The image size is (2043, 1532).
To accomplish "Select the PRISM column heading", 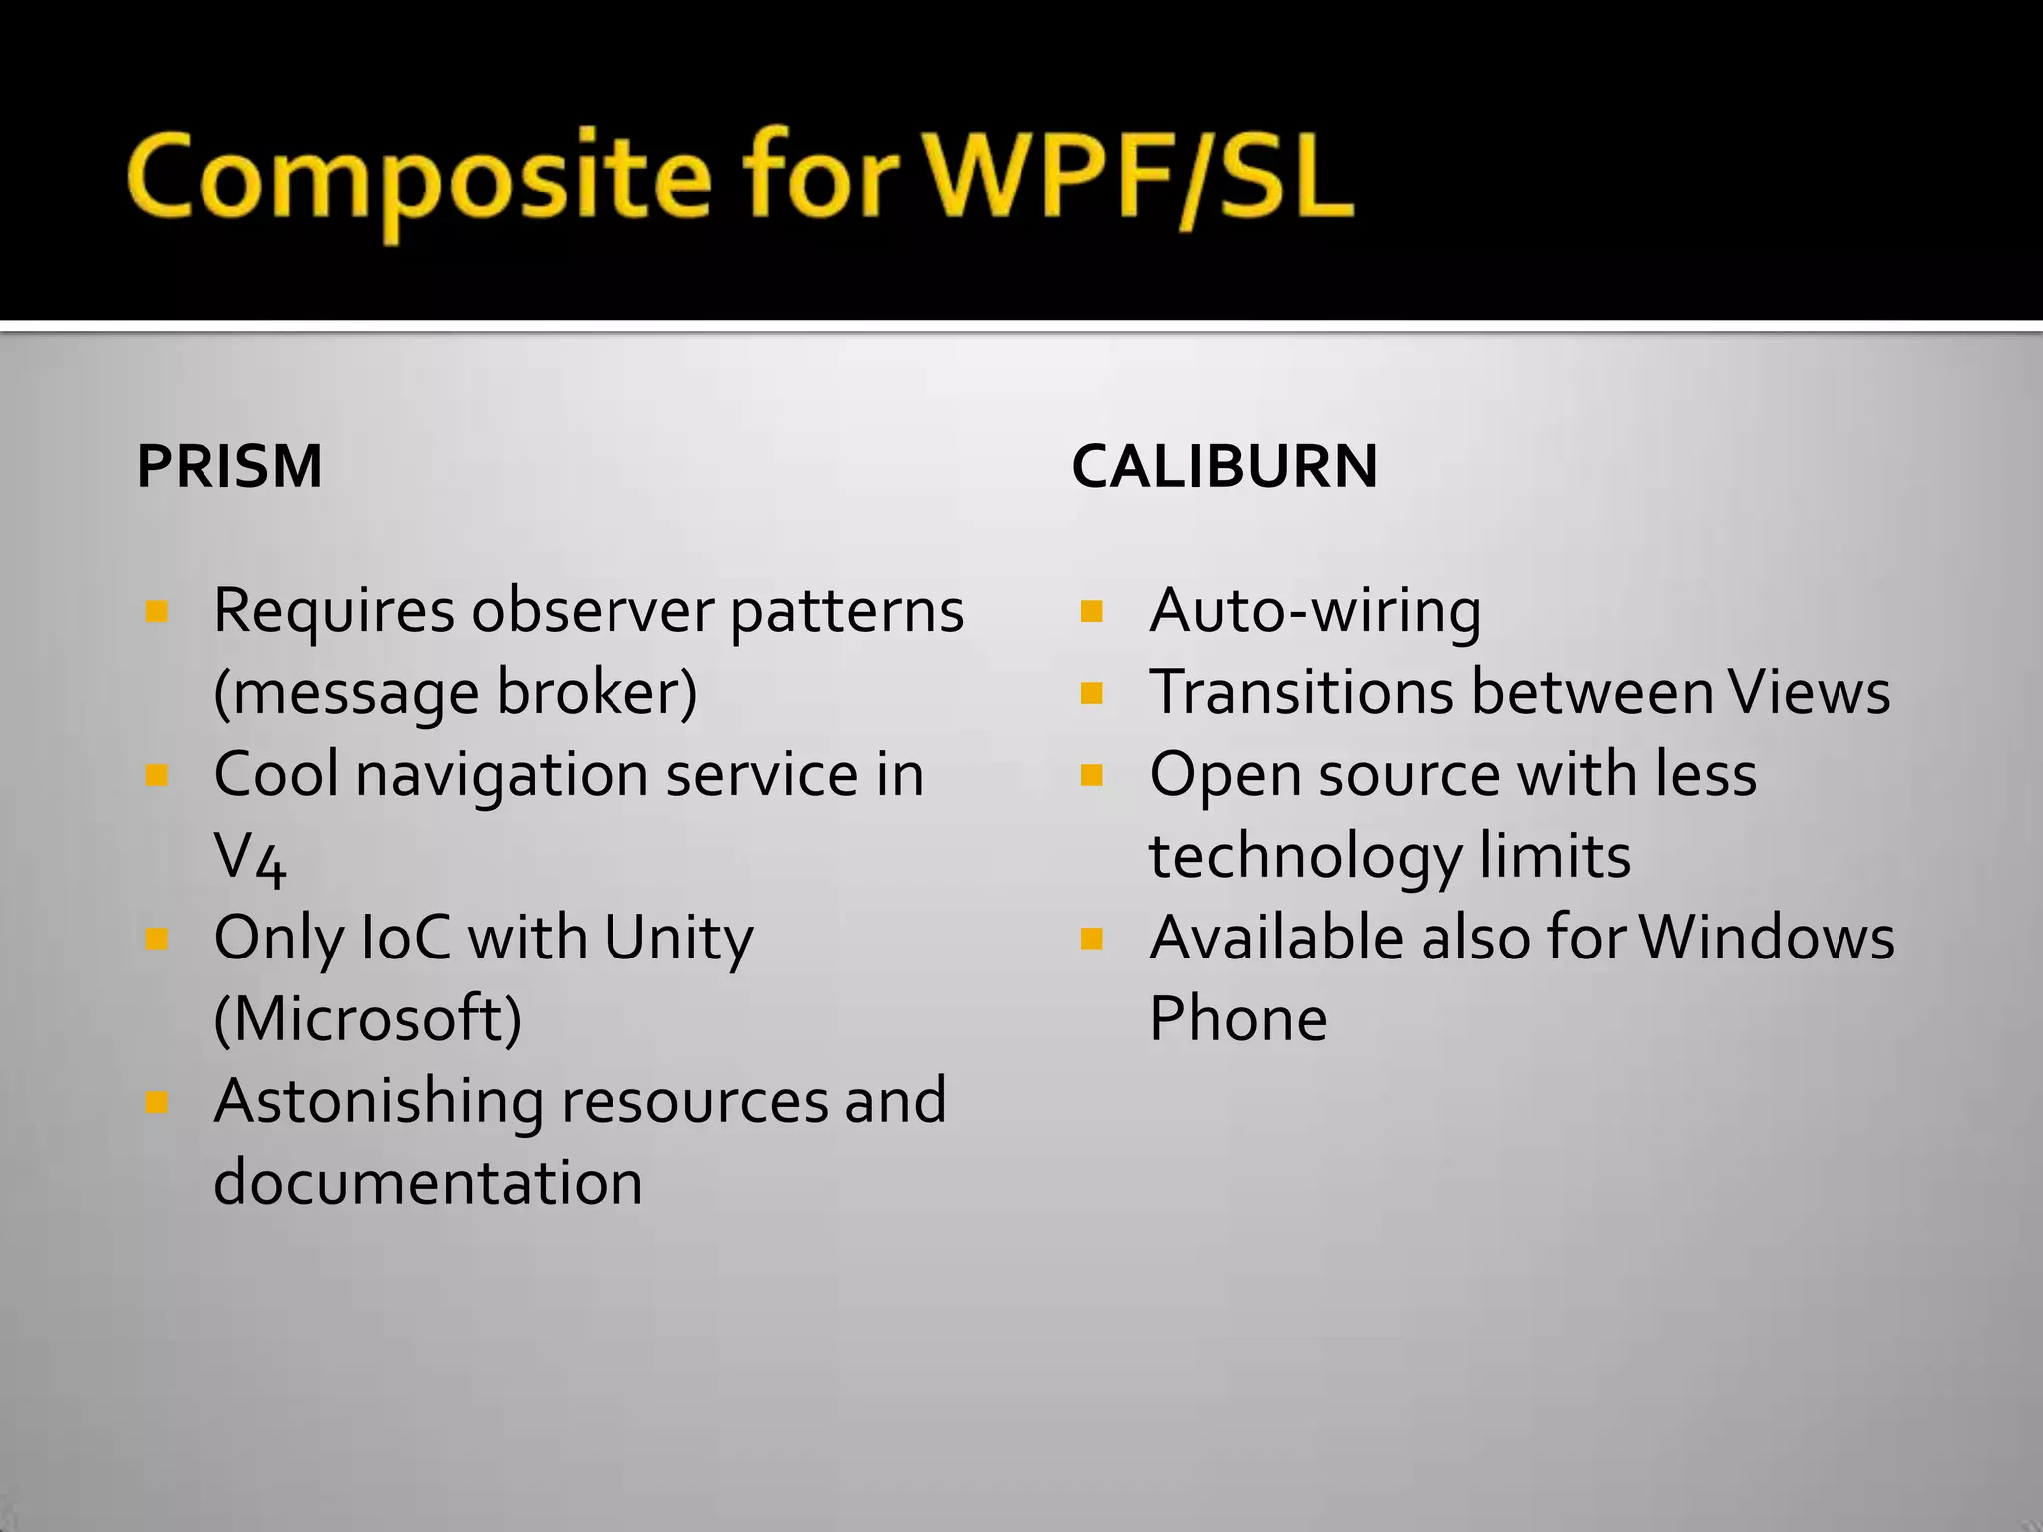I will click(229, 466).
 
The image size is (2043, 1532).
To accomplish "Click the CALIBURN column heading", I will click(1224, 466).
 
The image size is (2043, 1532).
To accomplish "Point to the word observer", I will click(593, 610).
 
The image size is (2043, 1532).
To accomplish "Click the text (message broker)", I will click(456, 692).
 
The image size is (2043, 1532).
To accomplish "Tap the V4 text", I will click(250, 858).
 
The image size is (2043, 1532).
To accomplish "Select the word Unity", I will click(678, 939).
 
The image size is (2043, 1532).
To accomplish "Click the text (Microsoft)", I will click(368, 1019).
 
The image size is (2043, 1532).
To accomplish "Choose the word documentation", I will click(428, 1183).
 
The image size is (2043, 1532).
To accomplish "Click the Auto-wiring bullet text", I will click(1315, 610).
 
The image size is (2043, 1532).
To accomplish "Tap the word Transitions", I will click(1303, 692).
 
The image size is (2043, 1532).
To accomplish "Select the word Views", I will click(1809, 692).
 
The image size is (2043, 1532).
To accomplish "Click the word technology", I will click(1305, 857).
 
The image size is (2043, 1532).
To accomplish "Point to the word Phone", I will click(1238, 1019).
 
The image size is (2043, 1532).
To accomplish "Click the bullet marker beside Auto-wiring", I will click(1092, 611).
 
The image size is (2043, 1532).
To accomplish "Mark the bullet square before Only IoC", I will click(157, 939).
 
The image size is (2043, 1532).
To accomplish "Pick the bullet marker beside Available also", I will click(1092, 939).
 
